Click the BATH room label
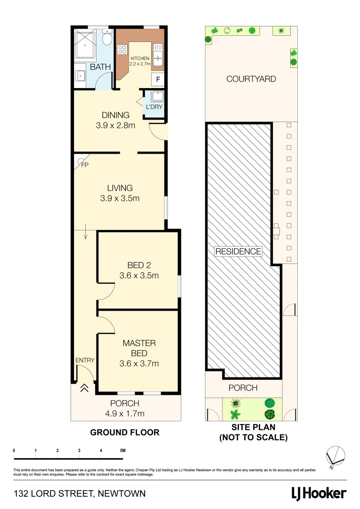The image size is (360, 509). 100,67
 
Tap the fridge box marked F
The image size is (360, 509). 158,80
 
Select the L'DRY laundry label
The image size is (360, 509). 154,107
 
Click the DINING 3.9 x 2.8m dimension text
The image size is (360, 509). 116,125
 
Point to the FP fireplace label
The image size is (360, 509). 85,165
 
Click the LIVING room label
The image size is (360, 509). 120,188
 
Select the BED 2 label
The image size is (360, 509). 139,265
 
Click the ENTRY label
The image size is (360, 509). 85,360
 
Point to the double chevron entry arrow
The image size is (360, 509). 85,388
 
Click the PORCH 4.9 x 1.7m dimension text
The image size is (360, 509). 124,414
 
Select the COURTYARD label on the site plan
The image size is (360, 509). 251,79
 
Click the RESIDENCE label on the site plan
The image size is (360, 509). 238,251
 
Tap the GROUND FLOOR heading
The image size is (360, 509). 125,432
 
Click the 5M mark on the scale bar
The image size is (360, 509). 123,451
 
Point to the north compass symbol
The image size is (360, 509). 335,456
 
